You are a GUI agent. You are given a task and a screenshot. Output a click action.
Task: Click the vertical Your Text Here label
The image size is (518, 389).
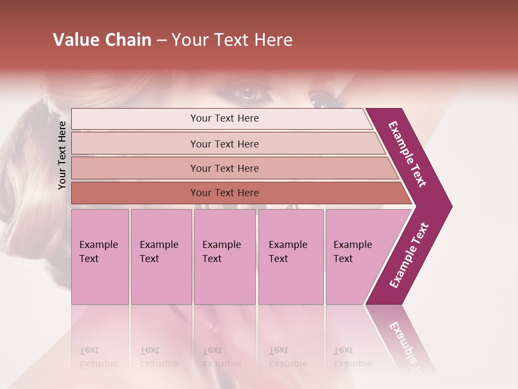[62, 155]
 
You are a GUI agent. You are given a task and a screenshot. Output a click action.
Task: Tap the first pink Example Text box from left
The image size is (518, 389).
[100, 257]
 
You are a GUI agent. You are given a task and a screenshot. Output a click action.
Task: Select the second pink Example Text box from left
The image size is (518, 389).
[161, 257]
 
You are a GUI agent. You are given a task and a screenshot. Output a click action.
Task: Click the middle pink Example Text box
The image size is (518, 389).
[224, 257]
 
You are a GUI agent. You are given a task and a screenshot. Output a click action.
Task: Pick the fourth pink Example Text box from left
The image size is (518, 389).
[291, 257]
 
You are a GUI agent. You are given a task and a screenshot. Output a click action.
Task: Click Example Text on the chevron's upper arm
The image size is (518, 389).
[407, 154]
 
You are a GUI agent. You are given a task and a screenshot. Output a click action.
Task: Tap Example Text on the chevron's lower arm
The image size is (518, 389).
[408, 256]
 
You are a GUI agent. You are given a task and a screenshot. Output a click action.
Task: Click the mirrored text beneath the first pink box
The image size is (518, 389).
[98, 357]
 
